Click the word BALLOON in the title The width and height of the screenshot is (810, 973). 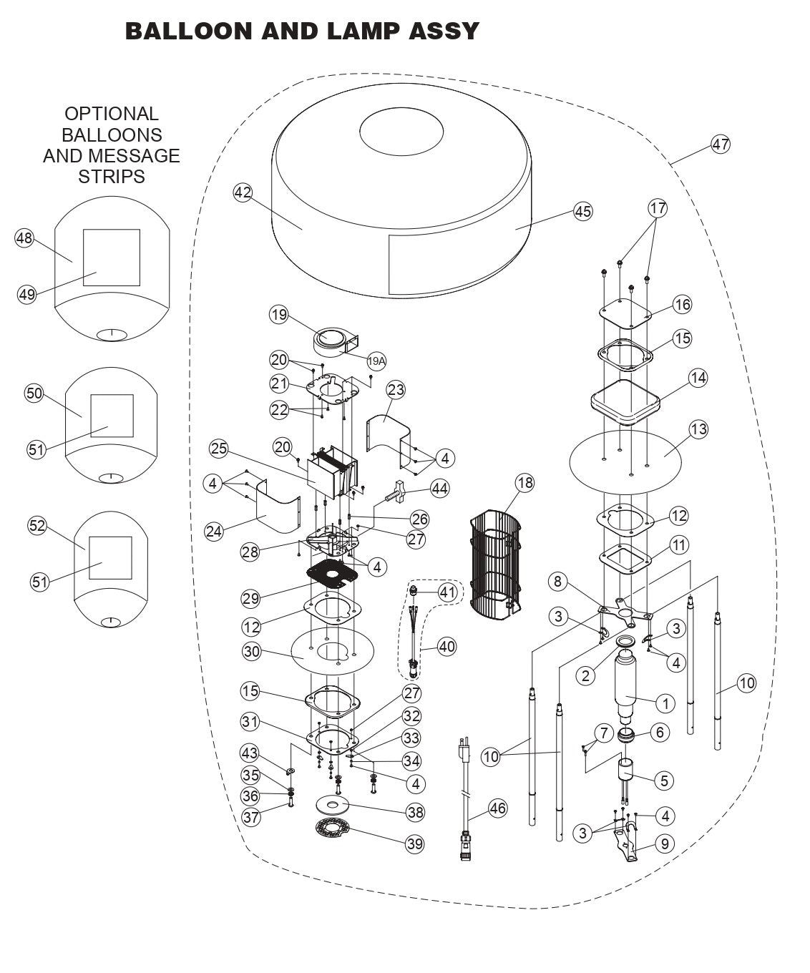pos(187,31)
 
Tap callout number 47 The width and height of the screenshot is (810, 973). pos(720,144)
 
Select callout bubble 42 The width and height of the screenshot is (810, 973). pos(243,192)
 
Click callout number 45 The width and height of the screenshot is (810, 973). pos(583,211)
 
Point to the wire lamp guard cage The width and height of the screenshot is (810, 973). pos(498,565)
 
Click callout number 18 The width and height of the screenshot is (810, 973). pos(524,483)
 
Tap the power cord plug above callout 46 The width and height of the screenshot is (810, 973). pos(462,751)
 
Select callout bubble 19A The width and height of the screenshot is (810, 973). pos(376,361)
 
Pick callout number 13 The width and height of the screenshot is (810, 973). pos(698,429)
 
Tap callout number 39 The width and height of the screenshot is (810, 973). pos(415,844)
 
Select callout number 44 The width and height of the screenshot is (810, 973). pos(439,489)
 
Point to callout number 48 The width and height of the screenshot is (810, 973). pos(24,238)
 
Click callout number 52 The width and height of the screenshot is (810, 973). pos(36,526)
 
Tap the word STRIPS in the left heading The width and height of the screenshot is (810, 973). pos(112,177)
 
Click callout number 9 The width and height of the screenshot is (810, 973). pos(664,844)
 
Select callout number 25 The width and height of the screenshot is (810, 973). pos(219,449)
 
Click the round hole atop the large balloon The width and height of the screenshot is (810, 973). pos(401,133)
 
